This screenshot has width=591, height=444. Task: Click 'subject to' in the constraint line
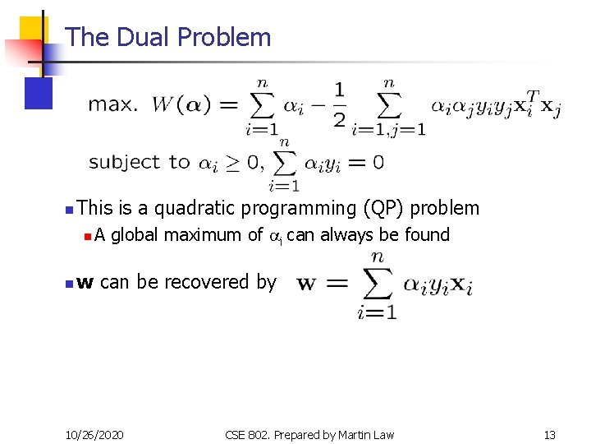coord(139,162)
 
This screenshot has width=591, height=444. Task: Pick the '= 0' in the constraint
coord(366,162)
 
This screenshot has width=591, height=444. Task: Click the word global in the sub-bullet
coord(135,235)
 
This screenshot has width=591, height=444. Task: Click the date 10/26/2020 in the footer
coord(94,433)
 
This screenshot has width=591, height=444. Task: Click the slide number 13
coord(549,433)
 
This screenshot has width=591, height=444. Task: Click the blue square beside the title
coord(39,93)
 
